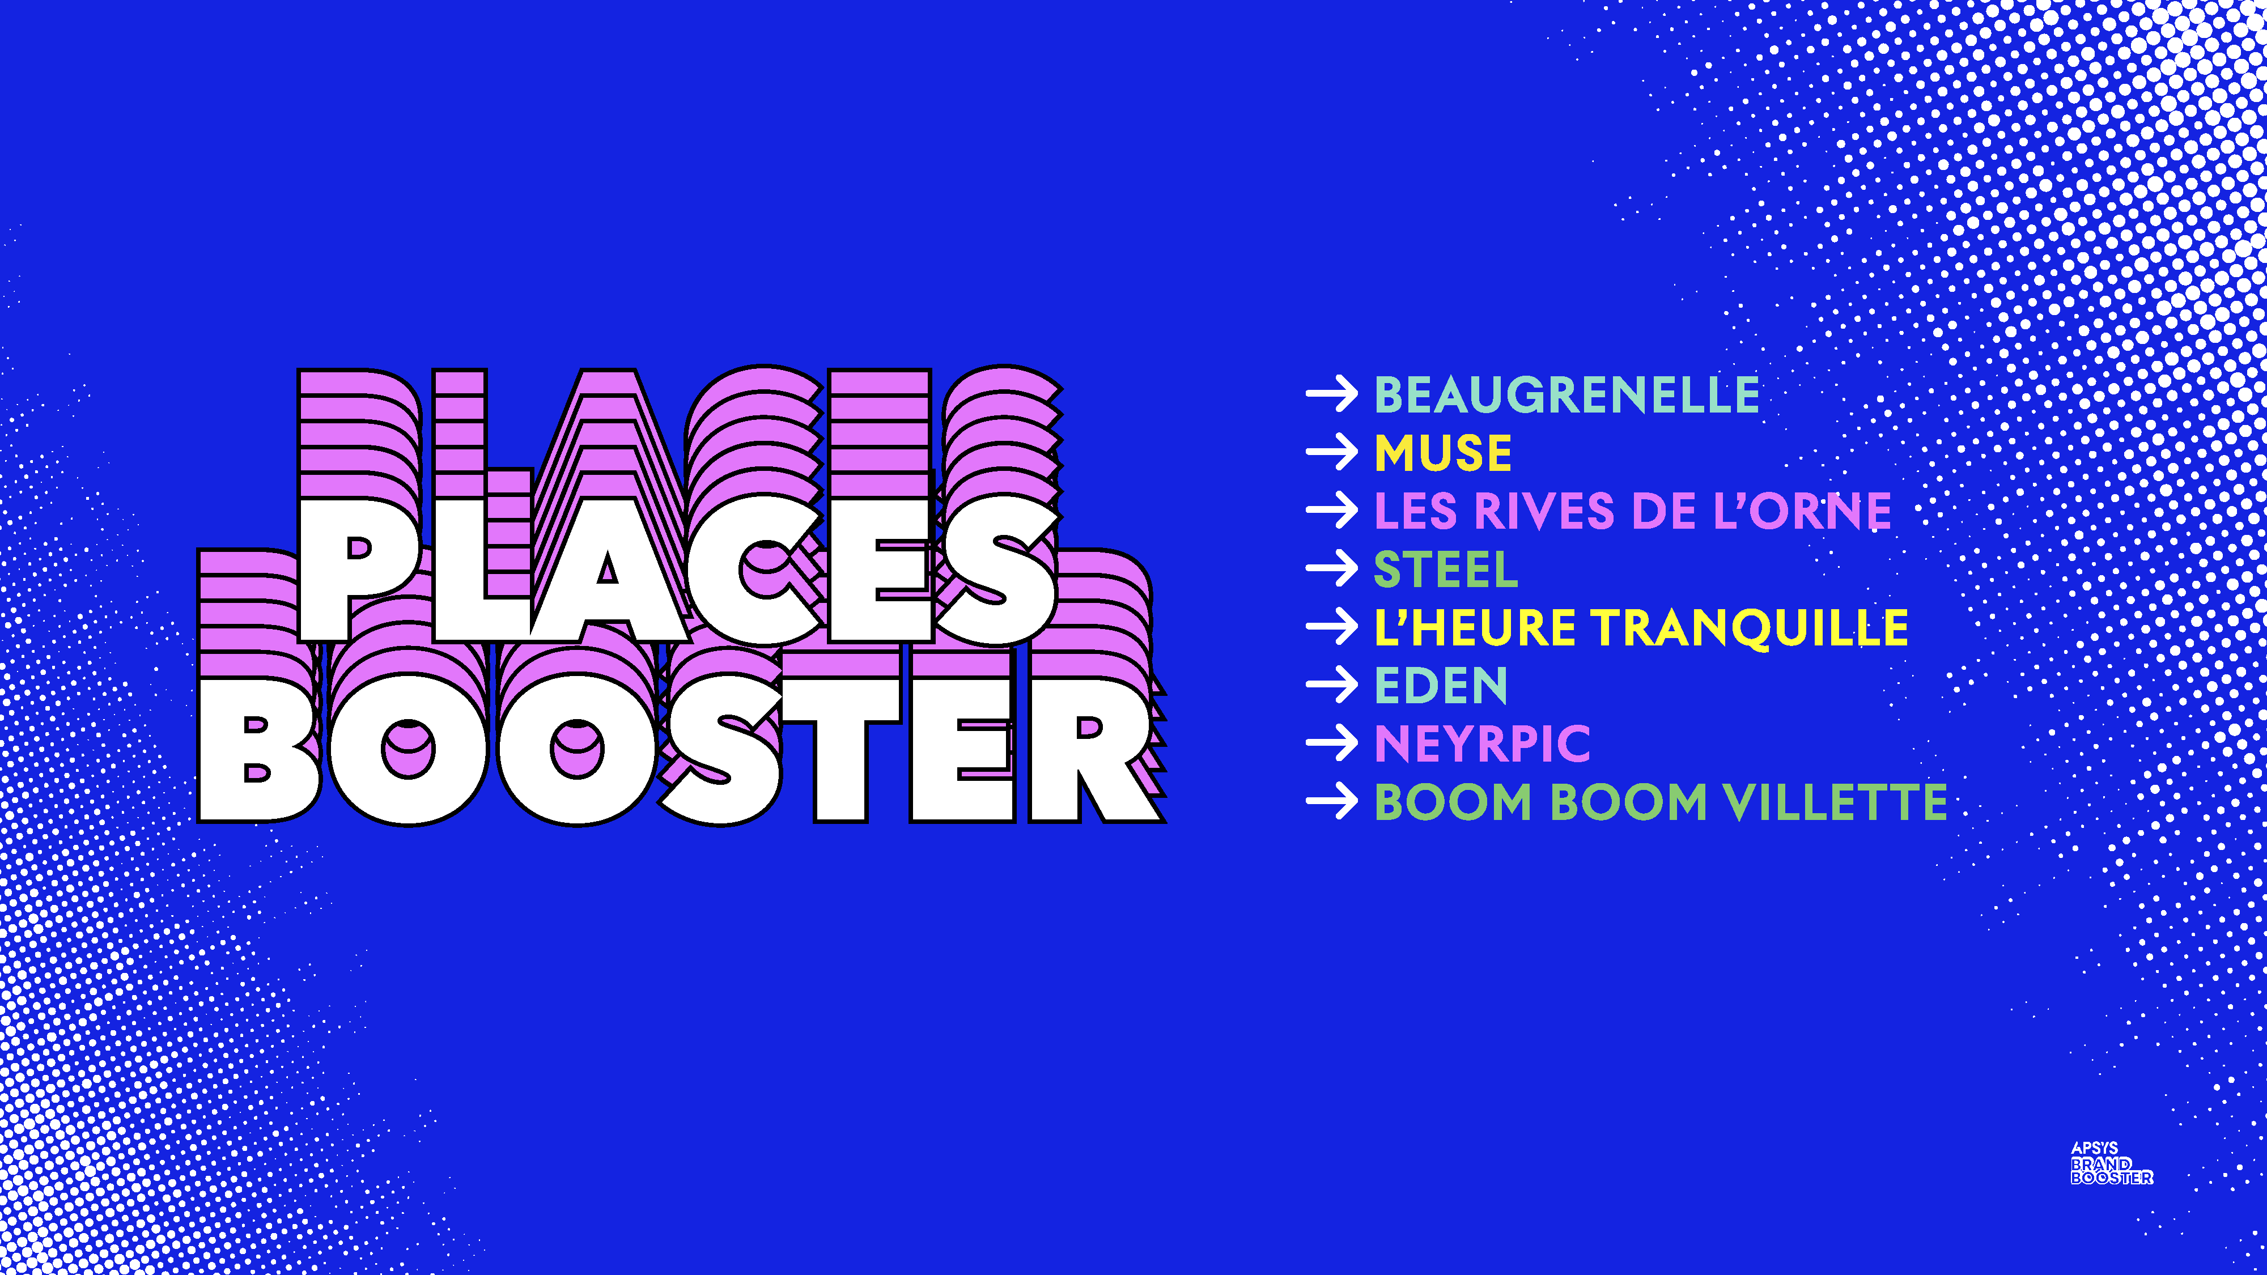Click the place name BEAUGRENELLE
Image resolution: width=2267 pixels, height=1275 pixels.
coord(1566,394)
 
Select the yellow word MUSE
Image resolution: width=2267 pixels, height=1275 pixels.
coord(1444,453)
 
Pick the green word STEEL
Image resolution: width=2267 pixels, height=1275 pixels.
coord(1446,569)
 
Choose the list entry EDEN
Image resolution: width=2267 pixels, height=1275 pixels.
coord(1441,686)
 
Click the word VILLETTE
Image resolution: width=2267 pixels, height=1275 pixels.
coord(1835,802)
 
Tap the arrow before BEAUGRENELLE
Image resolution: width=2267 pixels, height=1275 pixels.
coord(1332,394)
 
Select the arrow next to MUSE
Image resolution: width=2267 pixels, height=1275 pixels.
coord(1332,452)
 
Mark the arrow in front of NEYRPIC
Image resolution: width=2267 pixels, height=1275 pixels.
coord(1332,743)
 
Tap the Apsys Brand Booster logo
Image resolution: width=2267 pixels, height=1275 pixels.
coord(2111,1163)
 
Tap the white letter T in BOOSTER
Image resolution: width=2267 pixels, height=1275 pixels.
coord(841,750)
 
